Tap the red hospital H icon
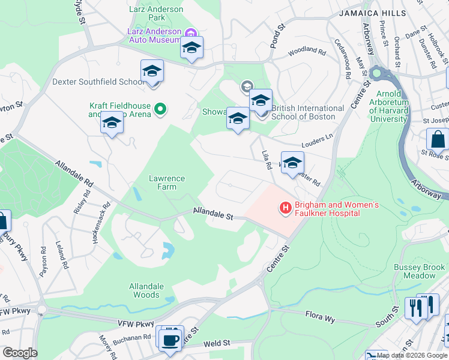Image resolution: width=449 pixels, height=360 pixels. click(285, 208)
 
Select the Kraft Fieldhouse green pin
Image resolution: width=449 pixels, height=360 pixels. click(160, 109)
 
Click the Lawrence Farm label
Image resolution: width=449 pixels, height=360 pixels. click(167, 182)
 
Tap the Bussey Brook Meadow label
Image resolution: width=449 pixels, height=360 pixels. click(414, 271)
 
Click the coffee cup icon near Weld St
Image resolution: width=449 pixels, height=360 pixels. click(170, 340)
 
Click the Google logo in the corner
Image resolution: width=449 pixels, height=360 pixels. click(19, 353)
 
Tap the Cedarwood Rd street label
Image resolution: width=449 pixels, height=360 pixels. click(346, 59)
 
